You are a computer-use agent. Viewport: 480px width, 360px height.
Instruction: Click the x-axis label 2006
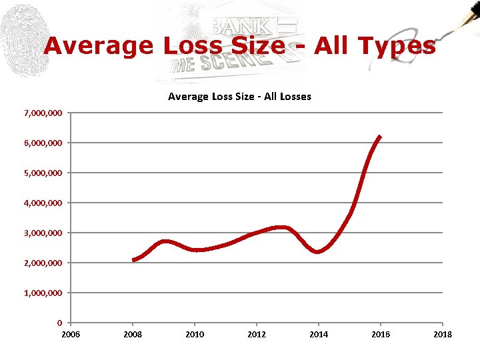click(x=71, y=334)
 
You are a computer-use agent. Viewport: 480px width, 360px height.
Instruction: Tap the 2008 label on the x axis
click(x=133, y=334)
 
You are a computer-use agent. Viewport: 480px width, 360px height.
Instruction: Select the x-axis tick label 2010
click(x=195, y=334)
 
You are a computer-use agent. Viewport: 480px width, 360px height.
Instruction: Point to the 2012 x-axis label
click(x=257, y=334)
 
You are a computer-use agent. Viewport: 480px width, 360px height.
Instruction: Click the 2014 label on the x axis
click(x=319, y=334)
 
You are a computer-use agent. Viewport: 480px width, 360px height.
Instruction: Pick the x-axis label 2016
click(x=381, y=334)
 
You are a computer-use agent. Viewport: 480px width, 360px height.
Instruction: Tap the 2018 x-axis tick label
click(x=442, y=334)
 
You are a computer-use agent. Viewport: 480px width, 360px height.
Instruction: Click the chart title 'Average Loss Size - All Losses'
click(x=239, y=97)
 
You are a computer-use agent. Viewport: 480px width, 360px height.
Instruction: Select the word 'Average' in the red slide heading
click(x=98, y=46)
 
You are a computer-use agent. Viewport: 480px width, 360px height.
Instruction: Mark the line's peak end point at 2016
click(x=380, y=137)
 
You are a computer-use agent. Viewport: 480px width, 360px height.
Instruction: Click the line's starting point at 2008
click(x=133, y=259)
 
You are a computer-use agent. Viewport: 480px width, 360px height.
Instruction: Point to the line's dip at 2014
click(x=318, y=251)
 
